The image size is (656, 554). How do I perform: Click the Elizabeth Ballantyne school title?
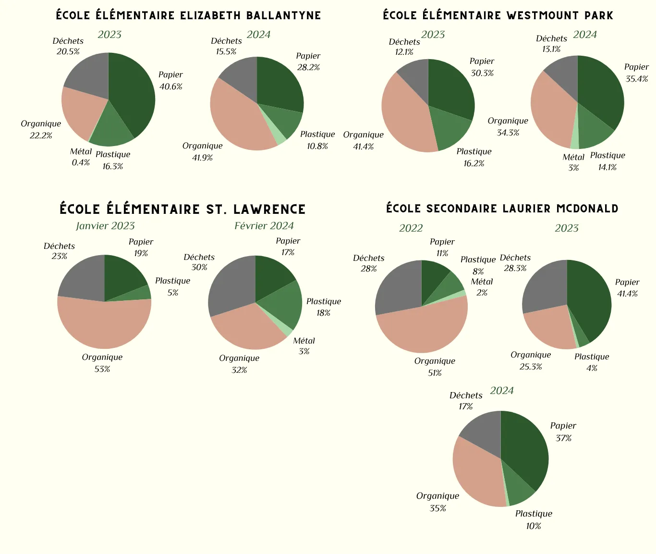[x=188, y=15]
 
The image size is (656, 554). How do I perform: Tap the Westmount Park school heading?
[x=498, y=15]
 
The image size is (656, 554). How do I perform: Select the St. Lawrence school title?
[x=182, y=209]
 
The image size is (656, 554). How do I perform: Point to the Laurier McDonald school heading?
[x=502, y=209]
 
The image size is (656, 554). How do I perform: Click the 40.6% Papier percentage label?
[x=171, y=86]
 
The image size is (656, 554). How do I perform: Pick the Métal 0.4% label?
[x=81, y=157]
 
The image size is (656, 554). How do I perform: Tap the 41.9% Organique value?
[x=202, y=158]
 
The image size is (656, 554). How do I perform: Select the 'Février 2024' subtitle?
[x=264, y=226]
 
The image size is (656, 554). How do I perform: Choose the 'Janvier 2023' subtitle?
[x=105, y=226]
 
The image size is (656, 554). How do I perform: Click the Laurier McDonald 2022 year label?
[x=411, y=228]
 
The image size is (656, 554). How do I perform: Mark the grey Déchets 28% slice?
[x=396, y=288]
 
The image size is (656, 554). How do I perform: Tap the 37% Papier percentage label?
[x=563, y=438]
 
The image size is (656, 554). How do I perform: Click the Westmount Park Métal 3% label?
[x=573, y=162]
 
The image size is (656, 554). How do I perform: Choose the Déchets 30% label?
[x=199, y=262]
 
